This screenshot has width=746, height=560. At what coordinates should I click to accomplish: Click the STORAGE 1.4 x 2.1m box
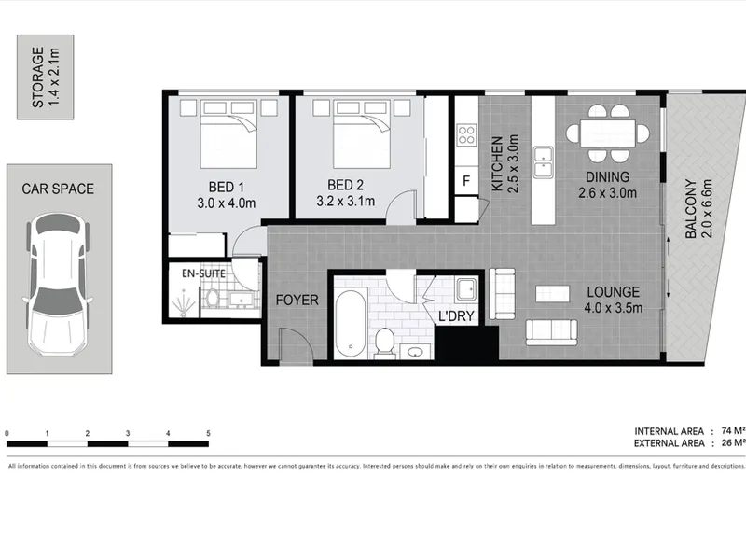(x=45, y=77)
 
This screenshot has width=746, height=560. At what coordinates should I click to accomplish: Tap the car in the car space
(x=58, y=285)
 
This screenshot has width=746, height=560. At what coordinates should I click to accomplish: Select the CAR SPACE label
(x=58, y=189)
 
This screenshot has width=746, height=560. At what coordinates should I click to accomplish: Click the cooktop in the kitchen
(x=466, y=134)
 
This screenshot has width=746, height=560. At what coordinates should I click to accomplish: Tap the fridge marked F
(x=466, y=180)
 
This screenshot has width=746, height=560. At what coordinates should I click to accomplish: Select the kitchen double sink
(x=543, y=161)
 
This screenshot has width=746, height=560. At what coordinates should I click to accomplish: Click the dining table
(x=608, y=133)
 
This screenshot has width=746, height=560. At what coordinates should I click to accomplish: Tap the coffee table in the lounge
(x=552, y=293)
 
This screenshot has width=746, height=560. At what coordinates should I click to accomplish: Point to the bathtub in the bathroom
(x=351, y=324)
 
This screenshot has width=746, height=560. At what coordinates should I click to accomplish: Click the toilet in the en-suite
(x=213, y=298)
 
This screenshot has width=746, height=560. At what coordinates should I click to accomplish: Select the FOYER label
(x=297, y=300)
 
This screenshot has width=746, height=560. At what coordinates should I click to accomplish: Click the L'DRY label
(x=456, y=315)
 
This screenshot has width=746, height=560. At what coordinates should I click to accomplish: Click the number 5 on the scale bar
(x=208, y=433)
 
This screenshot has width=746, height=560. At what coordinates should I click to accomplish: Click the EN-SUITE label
(x=203, y=273)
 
